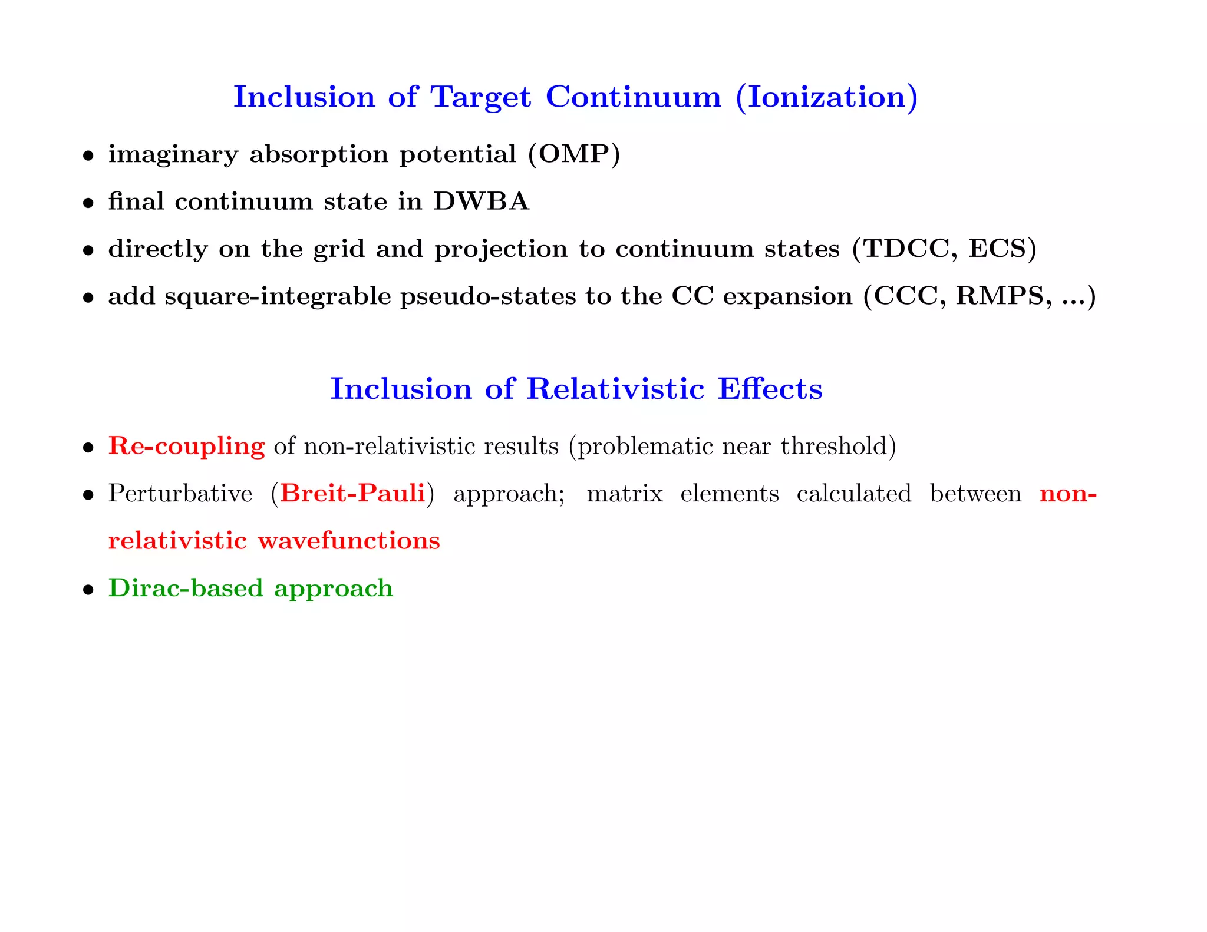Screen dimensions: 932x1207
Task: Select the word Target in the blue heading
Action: [480, 97]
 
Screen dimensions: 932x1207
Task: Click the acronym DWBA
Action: [481, 202]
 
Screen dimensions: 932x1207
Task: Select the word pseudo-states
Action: [488, 296]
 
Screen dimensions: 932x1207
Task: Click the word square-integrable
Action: [278, 296]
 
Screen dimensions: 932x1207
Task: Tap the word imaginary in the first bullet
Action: [173, 155]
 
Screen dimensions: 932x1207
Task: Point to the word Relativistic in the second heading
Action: [615, 389]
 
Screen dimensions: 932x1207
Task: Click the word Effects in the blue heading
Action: [770, 389]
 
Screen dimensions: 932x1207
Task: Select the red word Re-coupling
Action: [186, 447]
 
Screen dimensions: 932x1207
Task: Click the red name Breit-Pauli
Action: [352, 494]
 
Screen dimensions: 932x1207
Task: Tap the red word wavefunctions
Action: [349, 541]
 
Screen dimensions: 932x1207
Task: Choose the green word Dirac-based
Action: [185, 588]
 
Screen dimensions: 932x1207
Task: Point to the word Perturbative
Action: [180, 494]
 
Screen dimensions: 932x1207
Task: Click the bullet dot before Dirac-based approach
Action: [88, 590]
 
